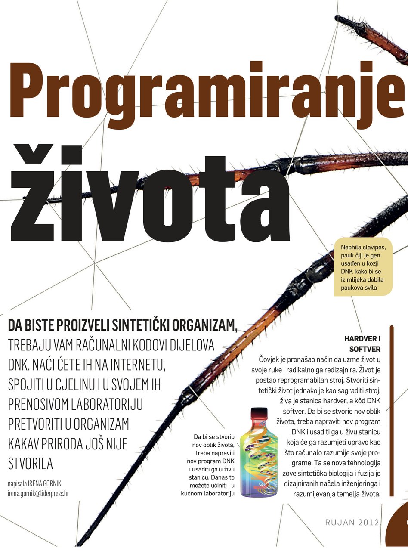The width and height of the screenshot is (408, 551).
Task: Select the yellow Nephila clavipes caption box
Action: point(363,267)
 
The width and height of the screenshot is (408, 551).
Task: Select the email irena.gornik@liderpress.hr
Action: point(38,494)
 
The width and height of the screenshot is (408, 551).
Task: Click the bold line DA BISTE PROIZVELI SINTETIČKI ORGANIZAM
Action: point(122,325)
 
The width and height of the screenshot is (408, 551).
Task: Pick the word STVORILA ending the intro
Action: point(31,464)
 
